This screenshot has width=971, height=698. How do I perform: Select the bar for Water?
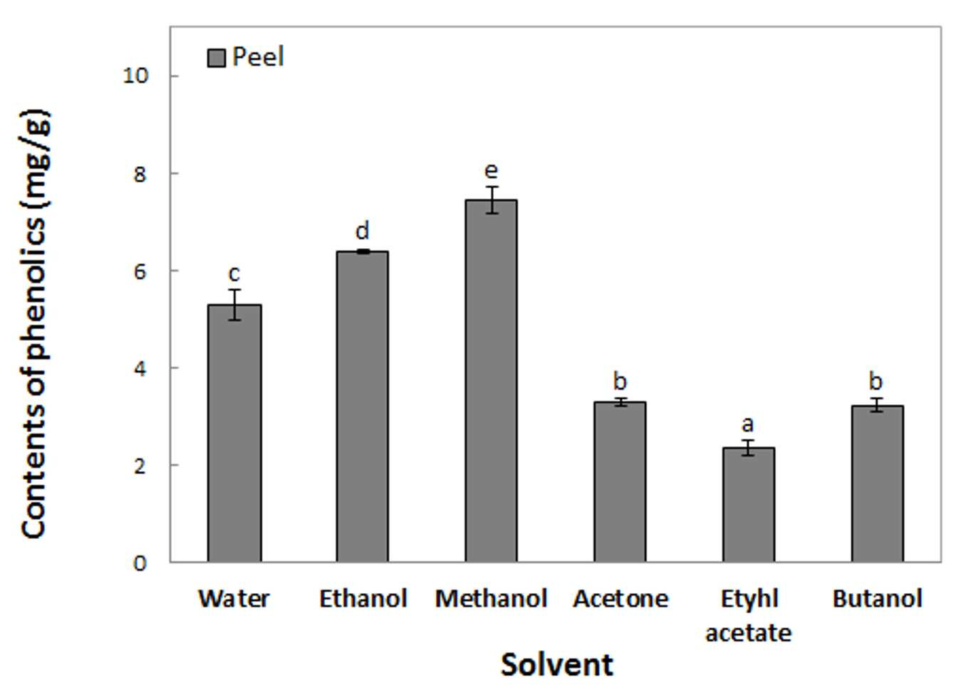(234, 433)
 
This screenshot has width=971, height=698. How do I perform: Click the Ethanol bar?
(363, 406)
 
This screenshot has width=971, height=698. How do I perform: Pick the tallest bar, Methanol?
(492, 381)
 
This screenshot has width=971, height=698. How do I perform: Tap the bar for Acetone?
(620, 482)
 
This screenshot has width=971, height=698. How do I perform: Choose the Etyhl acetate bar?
(749, 505)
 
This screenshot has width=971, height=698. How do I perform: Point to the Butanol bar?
(878, 484)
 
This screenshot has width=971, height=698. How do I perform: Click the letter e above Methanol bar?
(491, 171)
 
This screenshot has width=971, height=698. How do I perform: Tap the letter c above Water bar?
(234, 274)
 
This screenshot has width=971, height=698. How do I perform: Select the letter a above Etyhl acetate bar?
(748, 424)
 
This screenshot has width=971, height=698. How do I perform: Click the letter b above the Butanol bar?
(876, 381)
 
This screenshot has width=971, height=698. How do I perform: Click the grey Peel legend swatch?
(217, 58)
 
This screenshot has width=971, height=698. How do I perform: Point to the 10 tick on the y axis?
(135, 76)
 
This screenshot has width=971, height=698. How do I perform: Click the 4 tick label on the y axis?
(140, 369)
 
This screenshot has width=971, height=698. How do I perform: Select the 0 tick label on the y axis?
(140, 563)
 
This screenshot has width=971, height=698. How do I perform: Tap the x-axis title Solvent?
(557, 664)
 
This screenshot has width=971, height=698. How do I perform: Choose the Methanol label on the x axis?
(491, 599)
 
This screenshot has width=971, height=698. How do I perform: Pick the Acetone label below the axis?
(620, 599)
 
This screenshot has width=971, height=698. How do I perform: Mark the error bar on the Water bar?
(234, 304)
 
